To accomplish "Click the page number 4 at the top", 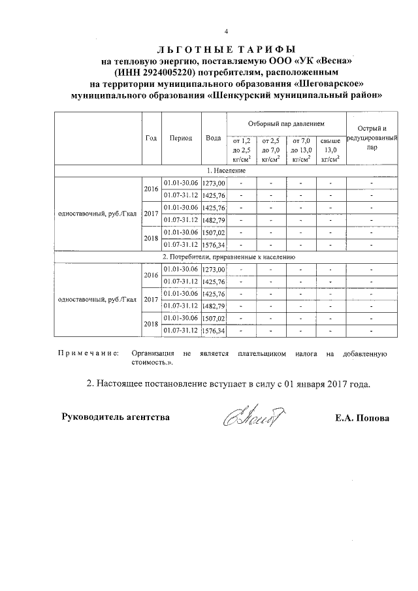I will pyautogui.click(x=227, y=32).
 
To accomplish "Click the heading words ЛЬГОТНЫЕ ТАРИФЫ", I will pyautogui.click(x=226, y=49).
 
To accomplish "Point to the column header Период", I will pyautogui.click(x=180, y=138).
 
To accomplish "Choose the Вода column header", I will pyautogui.click(x=213, y=138).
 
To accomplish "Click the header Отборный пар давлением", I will pyautogui.click(x=286, y=123).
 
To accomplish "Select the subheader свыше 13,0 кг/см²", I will pyautogui.click(x=330, y=150).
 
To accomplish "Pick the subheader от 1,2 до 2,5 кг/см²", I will pyautogui.click(x=241, y=150).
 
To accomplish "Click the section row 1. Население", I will pyautogui.click(x=227, y=170).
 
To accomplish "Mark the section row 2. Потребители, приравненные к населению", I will pyautogui.click(x=227, y=257).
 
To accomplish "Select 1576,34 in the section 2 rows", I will pyautogui.click(x=214, y=331).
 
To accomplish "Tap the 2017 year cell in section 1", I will pyautogui.click(x=151, y=214).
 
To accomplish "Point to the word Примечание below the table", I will pyautogui.click(x=88, y=353).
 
